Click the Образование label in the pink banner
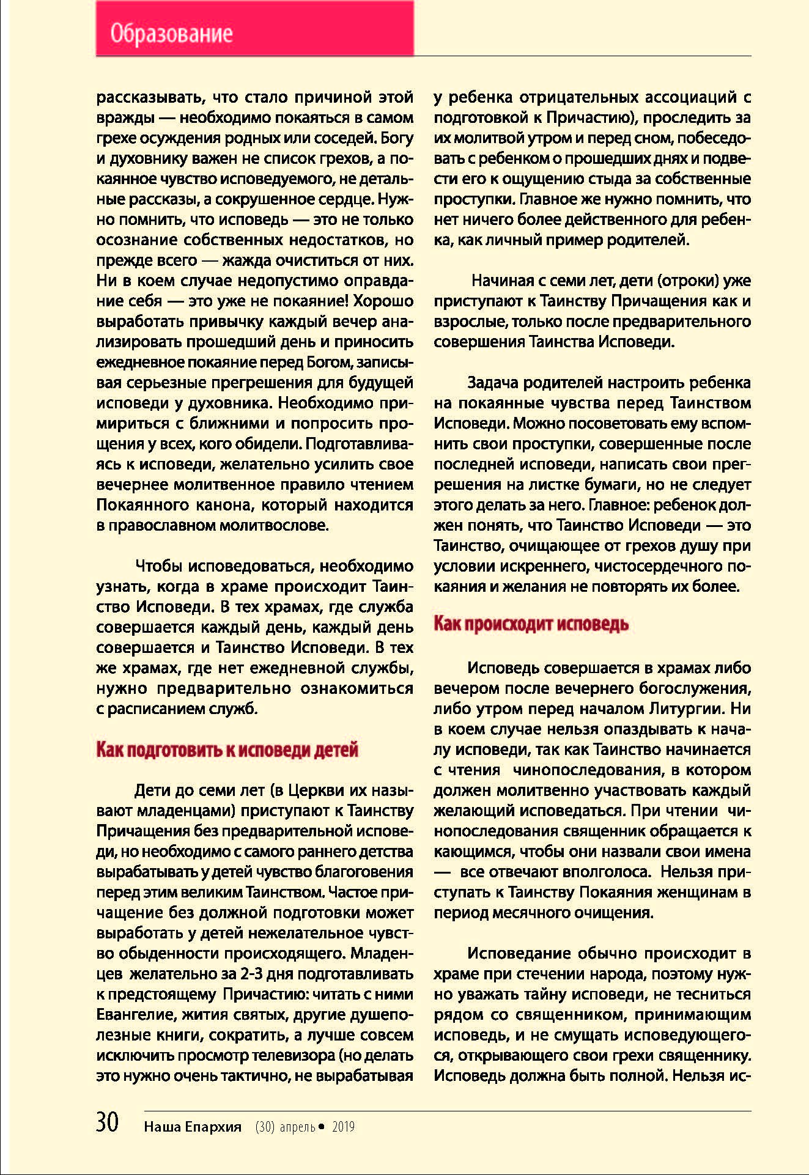pos(171,33)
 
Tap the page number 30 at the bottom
pos(108,1122)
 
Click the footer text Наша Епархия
pos(193,1127)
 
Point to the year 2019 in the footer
pos(343,1127)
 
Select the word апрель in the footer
pos(297,1127)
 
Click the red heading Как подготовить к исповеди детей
pos(227,750)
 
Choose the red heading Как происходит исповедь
pos(531,624)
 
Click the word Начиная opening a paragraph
pos(502,281)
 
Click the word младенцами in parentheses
pos(187,811)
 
